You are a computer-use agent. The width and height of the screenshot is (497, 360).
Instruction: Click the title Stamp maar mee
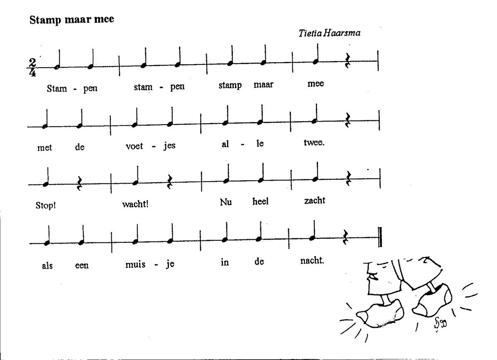[72, 20]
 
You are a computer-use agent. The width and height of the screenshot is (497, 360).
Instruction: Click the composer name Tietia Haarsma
[329, 33]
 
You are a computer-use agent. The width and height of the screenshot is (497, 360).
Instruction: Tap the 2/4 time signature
[32, 67]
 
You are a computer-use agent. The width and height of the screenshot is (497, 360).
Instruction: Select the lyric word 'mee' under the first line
[316, 83]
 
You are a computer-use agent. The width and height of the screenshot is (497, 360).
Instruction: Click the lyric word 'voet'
[135, 146]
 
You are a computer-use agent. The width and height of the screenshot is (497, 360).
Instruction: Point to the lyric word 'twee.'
[314, 142]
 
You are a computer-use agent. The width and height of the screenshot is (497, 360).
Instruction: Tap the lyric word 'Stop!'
[46, 205]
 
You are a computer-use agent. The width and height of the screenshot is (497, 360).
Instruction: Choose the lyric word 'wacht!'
[135, 204]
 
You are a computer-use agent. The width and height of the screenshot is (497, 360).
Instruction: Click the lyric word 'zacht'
[315, 200]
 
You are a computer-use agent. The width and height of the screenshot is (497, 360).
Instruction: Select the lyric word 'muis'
[135, 264]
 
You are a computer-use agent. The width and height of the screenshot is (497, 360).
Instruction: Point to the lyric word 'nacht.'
[312, 260]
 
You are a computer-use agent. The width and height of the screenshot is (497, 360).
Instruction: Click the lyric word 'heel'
[260, 201]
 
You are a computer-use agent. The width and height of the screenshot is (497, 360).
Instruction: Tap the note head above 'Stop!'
[46, 184]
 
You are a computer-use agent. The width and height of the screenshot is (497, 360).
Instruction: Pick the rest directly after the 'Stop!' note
[79, 184]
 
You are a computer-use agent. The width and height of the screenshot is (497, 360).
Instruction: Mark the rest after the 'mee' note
[348, 61]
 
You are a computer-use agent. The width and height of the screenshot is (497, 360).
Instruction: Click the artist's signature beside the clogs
[440, 323]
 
